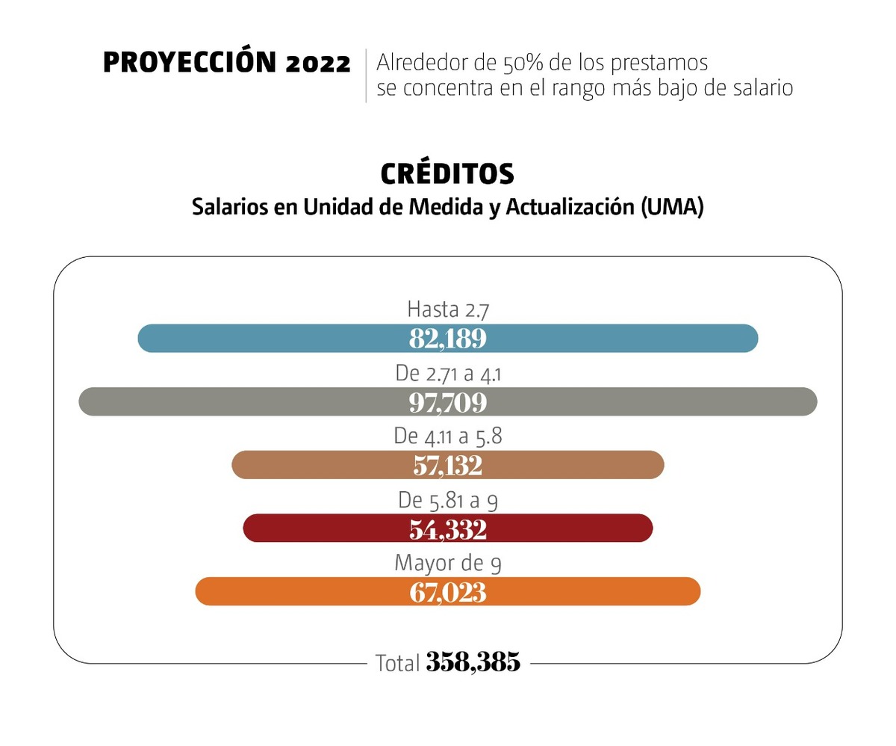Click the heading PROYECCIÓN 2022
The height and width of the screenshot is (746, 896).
tap(226, 64)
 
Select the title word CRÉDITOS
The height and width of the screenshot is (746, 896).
tap(447, 174)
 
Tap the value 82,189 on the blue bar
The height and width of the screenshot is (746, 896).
tap(447, 339)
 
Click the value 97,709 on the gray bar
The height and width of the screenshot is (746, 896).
tap(447, 402)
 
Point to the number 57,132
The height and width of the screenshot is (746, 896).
tap(447, 466)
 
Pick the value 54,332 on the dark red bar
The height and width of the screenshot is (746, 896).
tap(447, 529)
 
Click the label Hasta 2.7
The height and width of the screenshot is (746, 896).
tap(447, 309)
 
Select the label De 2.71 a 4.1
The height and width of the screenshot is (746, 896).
tap(447, 373)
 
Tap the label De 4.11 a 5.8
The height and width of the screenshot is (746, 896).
tap(447, 436)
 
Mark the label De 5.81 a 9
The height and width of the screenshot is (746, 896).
tap(447, 500)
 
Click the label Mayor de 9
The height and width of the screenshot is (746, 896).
tap(447, 563)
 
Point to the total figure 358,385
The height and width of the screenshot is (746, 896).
tap(473, 662)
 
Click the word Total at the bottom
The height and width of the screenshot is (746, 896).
tap(397, 663)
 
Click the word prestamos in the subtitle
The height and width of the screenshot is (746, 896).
tap(660, 62)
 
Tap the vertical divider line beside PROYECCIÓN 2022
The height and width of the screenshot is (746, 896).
tap(366, 75)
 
